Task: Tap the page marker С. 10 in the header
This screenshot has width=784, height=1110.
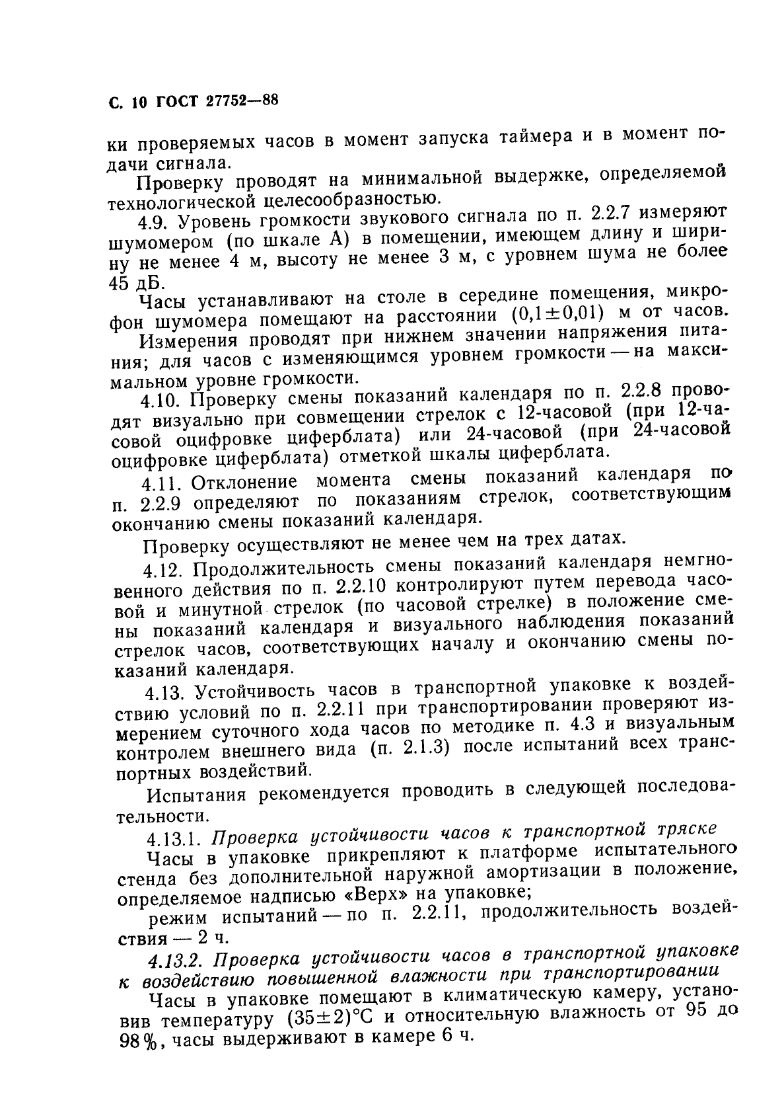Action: click(126, 102)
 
